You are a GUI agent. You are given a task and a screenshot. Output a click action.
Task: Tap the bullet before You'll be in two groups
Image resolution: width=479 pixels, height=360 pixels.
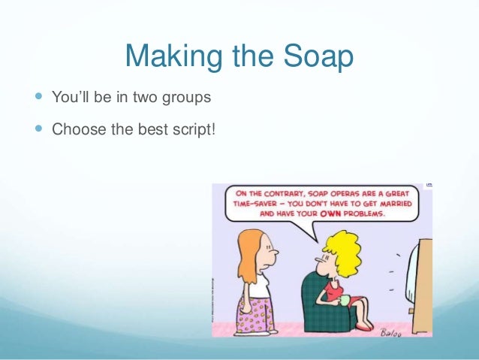click(x=39, y=98)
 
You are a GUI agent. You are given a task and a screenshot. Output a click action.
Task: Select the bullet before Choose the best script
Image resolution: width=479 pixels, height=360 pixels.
click(x=39, y=130)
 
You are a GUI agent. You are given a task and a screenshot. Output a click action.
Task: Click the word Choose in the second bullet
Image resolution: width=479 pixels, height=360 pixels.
click(x=76, y=130)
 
